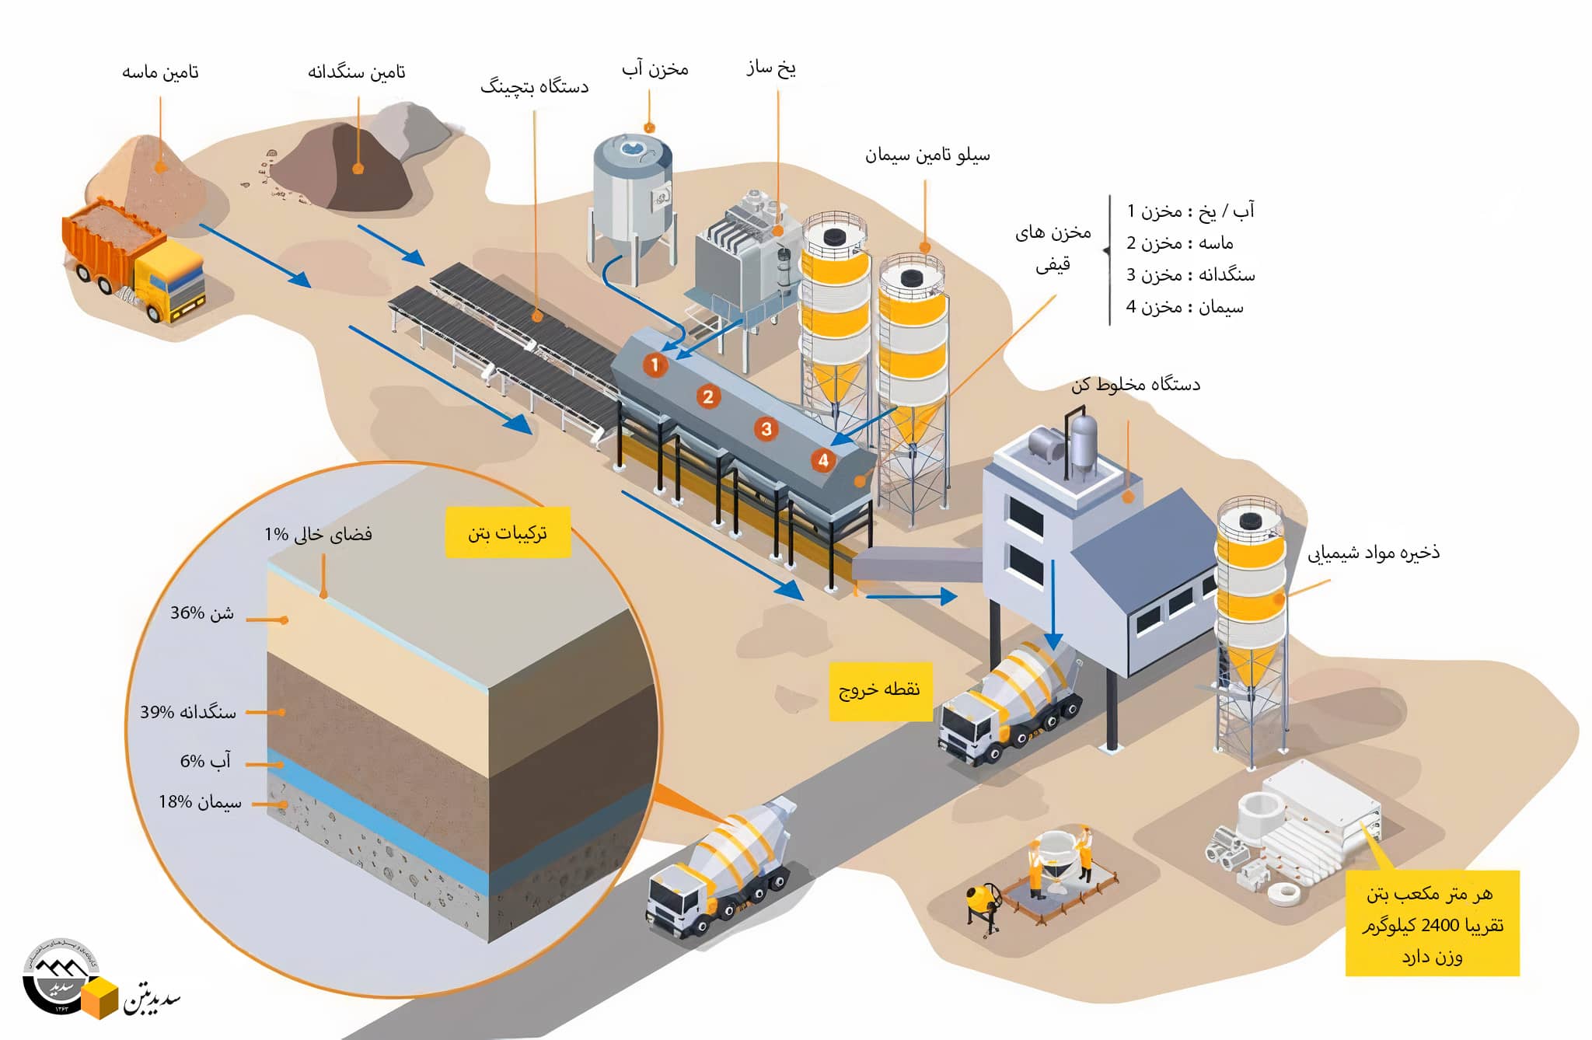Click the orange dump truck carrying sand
pyautogui.click(x=132, y=260)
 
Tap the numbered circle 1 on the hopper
pyautogui.click(x=655, y=365)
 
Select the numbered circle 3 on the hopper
pyautogui.click(x=766, y=429)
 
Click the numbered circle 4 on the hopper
pyautogui.click(x=822, y=460)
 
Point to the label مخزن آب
pyautogui.click(x=655, y=70)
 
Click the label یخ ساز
pyautogui.click(x=770, y=68)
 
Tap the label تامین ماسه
pyautogui.click(x=160, y=72)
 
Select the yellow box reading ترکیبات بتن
pyautogui.click(x=508, y=532)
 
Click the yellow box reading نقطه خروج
pyautogui.click(x=879, y=690)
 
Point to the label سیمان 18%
pyautogui.click(x=200, y=802)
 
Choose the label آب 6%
pyautogui.click(x=205, y=762)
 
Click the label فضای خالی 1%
pyautogui.click(x=318, y=535)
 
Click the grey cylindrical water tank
pyautogui.click(x=631, y=190)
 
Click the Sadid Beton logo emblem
pyautogui.click(x=59, y=976)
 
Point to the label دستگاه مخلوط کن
pyautogui.click(x=1135, y=385)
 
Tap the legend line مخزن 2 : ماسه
pyautogui.click(x=1179, y=243)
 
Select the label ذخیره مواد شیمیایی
pyautogui.click(x=1373, y=553)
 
